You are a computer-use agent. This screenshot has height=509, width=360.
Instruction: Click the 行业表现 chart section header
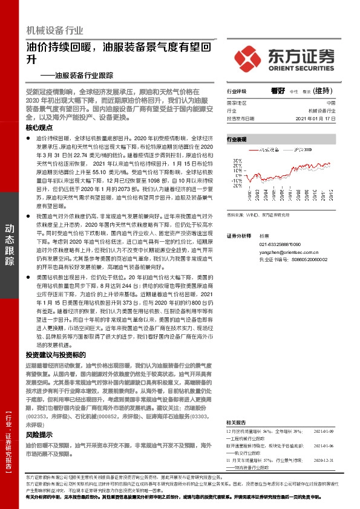click(x=237, y=139)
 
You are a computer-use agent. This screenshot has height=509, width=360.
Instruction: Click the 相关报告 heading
click(x=236, y=422)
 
